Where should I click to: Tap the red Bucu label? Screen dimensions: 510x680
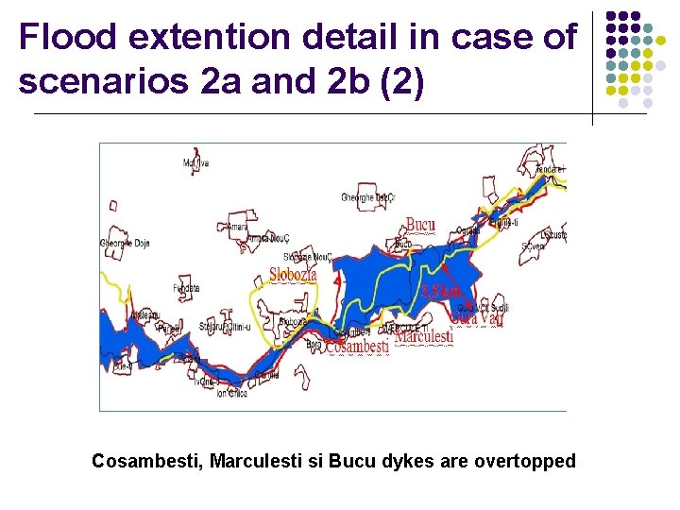[420, 225]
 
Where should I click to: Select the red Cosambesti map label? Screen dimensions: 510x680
[358, 348]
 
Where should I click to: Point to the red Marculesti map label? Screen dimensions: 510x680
[423, 335]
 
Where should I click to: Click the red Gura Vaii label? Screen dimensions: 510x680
[477, 318]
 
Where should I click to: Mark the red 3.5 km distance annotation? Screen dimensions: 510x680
[440, 291]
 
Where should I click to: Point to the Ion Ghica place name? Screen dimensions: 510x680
[230, 393]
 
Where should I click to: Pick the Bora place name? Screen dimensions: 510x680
[314, 345]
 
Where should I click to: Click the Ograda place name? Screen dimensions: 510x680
[467, 230]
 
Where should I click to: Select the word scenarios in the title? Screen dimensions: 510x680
[105, 81]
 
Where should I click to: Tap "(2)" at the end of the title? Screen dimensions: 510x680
[403, 81]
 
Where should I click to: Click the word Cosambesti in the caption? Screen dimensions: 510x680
[145, 462]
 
